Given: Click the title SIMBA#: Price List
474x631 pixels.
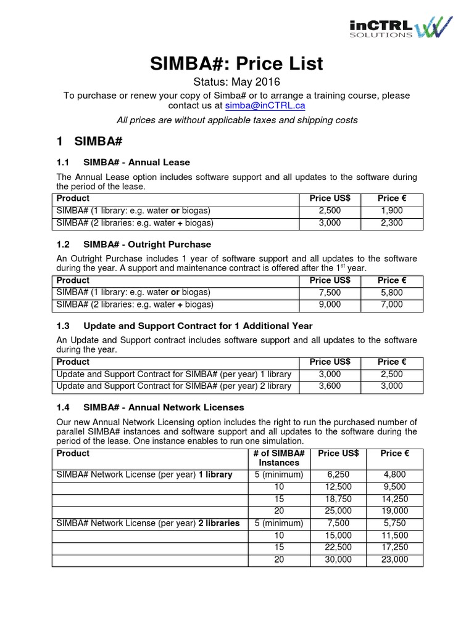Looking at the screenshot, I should coord(236,63).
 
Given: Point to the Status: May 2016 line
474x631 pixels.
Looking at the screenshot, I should coord(236,82).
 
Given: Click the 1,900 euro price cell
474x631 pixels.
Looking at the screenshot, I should coord(391,211).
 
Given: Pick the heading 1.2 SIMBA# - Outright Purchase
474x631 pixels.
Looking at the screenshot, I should coord(133,244).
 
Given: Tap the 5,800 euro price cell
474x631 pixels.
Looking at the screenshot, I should coord(391,292).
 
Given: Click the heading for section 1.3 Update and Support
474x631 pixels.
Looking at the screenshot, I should coord(184,325).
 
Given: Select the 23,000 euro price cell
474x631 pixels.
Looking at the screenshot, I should coord(394,560).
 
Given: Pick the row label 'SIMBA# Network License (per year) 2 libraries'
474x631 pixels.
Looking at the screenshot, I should coord(148,523).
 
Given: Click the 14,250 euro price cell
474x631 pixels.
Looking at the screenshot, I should coord(394,499).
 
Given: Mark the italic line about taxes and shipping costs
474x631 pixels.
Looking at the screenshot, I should coord(236,120).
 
